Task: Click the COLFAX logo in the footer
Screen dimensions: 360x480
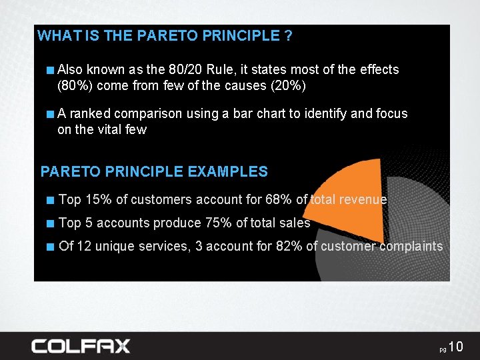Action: point(81,345)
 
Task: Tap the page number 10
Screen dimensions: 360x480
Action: point(455,347)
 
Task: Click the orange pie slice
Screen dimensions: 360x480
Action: point(353,197)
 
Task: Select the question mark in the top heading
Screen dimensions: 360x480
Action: point(288,36)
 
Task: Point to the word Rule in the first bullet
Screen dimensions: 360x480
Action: point(220,69)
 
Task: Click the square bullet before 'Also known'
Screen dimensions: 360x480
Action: point(51,69)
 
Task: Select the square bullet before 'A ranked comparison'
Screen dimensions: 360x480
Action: point(51,114)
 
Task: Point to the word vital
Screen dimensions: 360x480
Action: point(109,129)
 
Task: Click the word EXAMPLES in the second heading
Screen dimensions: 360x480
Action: point(228,171)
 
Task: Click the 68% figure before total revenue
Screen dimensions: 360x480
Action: point(279,199)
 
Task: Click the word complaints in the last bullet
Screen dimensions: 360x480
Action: point(411,246)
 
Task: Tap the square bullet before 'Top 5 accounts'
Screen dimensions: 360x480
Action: point(51,223)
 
